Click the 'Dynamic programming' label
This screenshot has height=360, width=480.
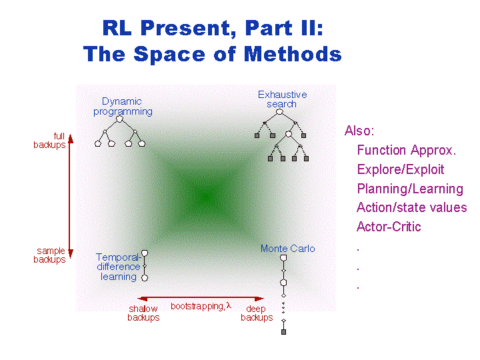pyautogui.click(x=123, y=106)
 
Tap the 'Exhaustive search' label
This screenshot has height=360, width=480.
pyautogui.click(x=282, y=99)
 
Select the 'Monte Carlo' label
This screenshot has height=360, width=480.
pyautogui.click(x=288, y=248)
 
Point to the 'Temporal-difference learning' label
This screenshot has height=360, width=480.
pyautogui.click(x=118, y=267)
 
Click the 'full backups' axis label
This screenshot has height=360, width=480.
pyautogui.click(x=49, y=140)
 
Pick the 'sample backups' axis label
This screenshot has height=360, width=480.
pyautogui.click(x=49, y=255)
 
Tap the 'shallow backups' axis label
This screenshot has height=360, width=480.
pyautogui.click(x=143, y=313)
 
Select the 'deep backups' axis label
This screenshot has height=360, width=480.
pyautogui.click(x=257, y=313)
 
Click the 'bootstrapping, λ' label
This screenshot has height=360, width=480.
pyautogui.click(x=201, y=306)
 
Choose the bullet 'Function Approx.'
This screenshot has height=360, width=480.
pyautogui.click(x=407, y=150)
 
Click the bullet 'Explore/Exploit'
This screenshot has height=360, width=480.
pyautogui.click(x=401, y=169)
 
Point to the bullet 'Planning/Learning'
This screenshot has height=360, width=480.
pyautogui.click(x=410, y=189)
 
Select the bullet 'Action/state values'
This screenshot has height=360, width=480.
pyautogui.click(x=412, y=207)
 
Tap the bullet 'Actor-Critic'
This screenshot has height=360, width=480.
pyautogui.click(x=389, y=227)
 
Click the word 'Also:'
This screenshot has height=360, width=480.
pyautogui.click(x=359, y=131)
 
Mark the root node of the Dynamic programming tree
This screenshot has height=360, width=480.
pyautogui.click(x=120, y=119)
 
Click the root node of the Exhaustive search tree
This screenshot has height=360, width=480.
pyautogui.click(x=279, y=112)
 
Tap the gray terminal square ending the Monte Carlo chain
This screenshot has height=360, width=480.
pyautogui.click(x=283, y=332)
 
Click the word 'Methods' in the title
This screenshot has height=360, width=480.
pyautogui.click(x=293, y=54)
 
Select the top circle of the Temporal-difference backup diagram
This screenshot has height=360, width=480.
pyautogui.click(x=145, y=253)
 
